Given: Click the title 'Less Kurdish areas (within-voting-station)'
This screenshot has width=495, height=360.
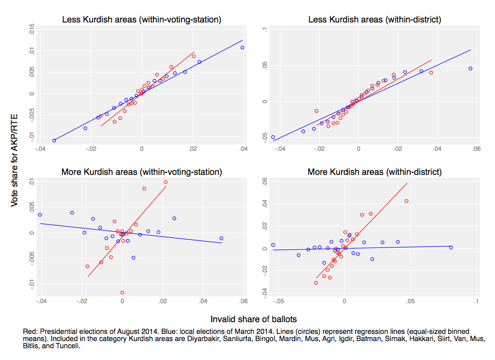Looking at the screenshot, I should pos(142,20).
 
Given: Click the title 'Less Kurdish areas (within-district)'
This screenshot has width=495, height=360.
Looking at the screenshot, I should pos(375,20).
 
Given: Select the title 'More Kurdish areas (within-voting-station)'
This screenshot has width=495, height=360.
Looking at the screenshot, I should pos(141,172).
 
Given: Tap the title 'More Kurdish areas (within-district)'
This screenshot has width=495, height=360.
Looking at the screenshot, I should pos(375,172).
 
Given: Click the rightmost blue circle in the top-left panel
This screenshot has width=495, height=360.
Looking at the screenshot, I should pos(242,48).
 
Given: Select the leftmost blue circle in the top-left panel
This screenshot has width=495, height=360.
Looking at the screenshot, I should pos(54,140).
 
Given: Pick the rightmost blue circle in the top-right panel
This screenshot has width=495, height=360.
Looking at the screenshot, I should pos(470,69).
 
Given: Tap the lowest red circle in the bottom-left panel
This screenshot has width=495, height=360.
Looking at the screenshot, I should pos(122,292).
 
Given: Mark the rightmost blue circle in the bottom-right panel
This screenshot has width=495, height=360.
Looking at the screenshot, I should pos(451,247).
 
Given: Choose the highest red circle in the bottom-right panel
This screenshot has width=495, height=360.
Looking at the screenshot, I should pos(407,201).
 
